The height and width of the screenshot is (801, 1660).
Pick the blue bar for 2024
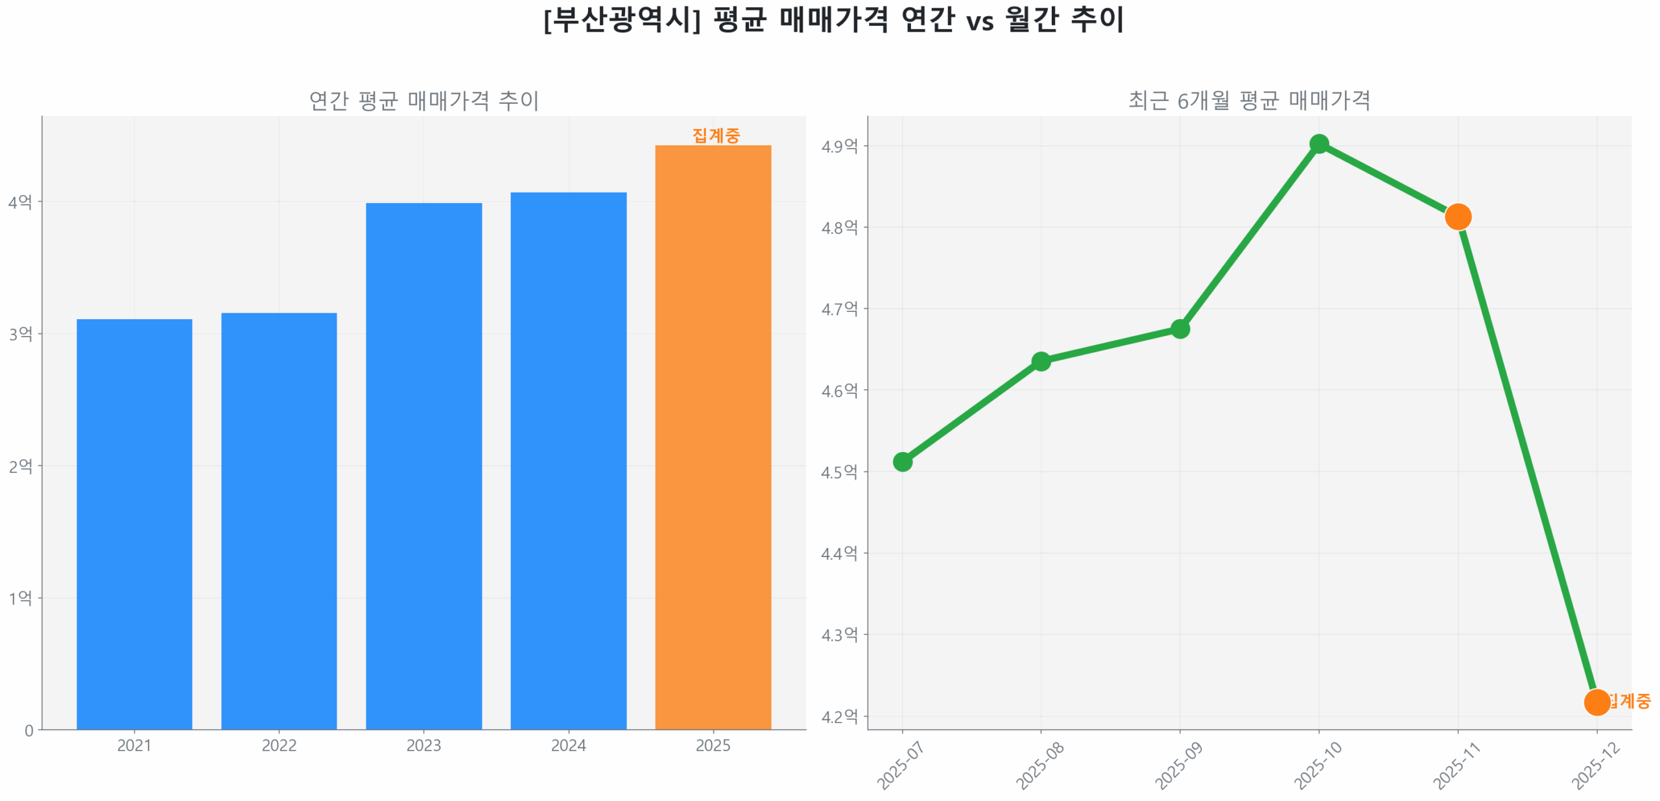coord(568,460)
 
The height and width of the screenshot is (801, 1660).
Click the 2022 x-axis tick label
coord(279,745)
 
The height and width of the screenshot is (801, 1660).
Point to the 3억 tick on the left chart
coord(20,333)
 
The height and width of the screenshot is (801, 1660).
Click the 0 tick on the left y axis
coord(29,730)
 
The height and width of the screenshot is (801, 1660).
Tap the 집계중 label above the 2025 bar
coord(715,135)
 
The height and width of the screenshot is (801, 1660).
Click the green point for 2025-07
coord(902,461)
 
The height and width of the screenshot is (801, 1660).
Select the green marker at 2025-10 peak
coord(1318,143)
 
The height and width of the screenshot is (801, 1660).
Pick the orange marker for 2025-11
coord(1457,216)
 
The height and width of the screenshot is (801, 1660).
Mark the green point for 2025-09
coord(1180,329)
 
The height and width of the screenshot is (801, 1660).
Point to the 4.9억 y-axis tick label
coord(839,146)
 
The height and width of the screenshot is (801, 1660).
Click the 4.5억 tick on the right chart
coord(839,472)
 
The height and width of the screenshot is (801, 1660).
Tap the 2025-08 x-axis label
coord(1039,765)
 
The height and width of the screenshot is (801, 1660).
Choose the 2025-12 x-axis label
coord(1595,765)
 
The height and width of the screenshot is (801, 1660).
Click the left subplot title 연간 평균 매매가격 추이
coord(423,101)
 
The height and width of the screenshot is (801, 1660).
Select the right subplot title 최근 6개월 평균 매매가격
coord(1249,101)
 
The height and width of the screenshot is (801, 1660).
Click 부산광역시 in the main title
coord(621,19)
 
